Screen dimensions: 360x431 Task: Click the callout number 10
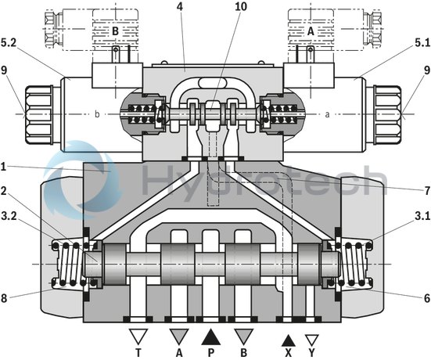pyautogui.click(x=217, y=7)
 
